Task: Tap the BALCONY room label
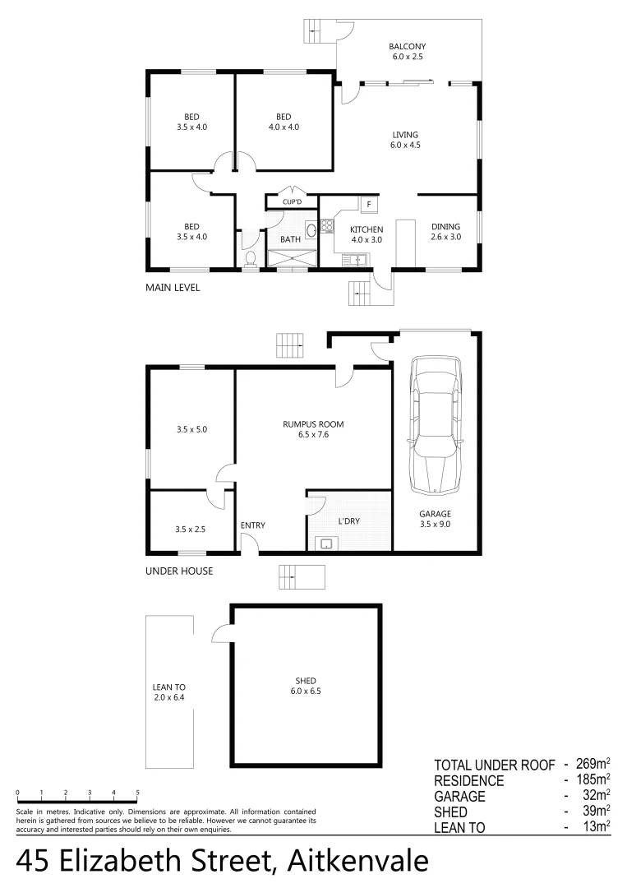[x=407, y=52]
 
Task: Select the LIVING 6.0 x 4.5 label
[x=405, y=140]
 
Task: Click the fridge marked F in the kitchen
[x=369, y=204]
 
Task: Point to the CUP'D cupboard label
[x=292, y=201]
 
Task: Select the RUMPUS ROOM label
[x=313, y=429]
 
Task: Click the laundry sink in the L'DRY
[x=326, y=543]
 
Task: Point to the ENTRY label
[x=253, y=525]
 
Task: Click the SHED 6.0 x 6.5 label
[x=306, y=686]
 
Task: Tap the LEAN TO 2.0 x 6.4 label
[x=169, y=692]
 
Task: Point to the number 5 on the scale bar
[x=137, y=793]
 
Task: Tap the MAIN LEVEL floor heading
[x=173, y=288]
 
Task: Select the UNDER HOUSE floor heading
[x=179, y=571]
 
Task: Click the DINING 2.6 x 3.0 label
[x=445, y=231]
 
